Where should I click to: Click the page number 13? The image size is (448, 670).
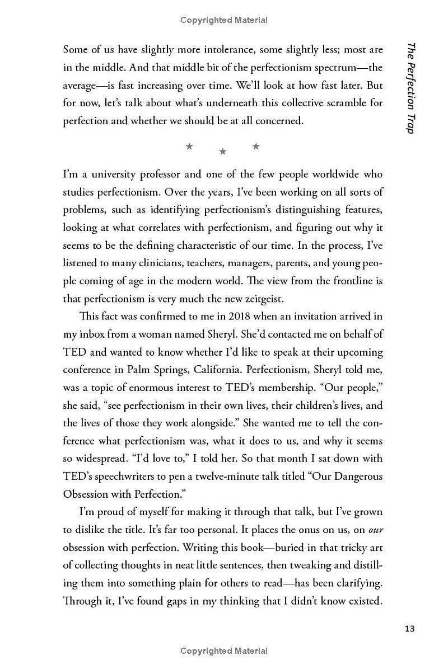409,629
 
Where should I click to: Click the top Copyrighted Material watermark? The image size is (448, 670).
224,20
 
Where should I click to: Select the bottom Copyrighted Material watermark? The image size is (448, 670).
224,650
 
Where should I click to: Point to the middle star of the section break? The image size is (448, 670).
222,151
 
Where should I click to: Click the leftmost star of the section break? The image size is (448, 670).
189,147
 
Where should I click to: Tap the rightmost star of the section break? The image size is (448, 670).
256,147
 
